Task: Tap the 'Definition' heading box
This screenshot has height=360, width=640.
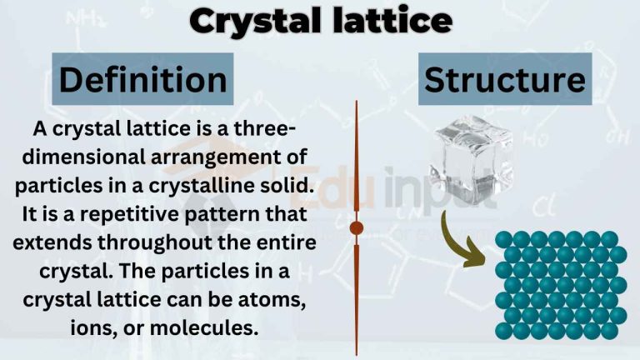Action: coord(142,80)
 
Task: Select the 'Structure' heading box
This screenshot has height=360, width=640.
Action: coord(505,79)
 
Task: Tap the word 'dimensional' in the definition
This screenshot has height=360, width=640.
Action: coord(93,157)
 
